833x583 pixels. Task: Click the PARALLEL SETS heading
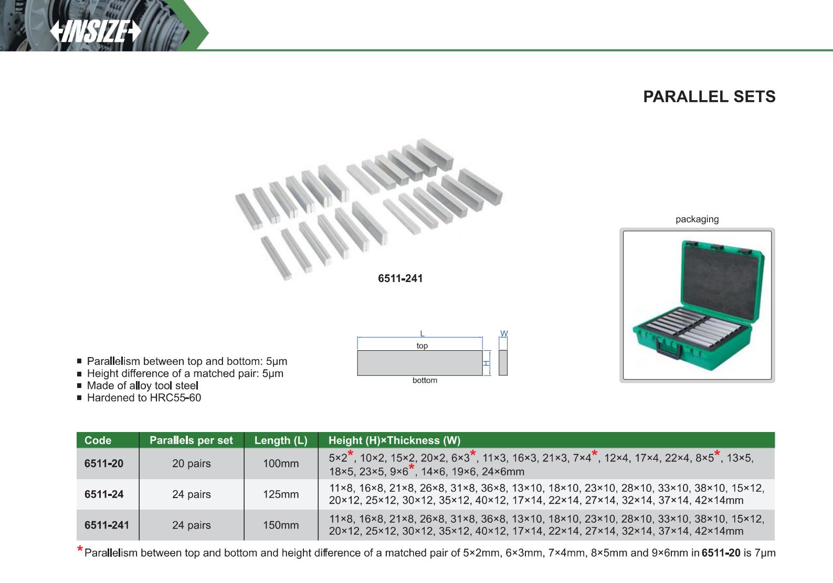pos(709,96)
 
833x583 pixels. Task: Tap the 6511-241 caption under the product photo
pos(400,278)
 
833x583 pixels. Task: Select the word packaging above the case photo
pos(697,219)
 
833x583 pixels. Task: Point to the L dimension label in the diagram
pos(422,333)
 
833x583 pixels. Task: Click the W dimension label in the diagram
pos(504,333)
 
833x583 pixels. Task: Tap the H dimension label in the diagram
pos(487,363)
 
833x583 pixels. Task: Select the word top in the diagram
pos(422,346)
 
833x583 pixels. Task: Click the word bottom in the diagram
pos(425,380)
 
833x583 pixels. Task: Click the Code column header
pos(98,440)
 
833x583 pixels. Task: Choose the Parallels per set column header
pos(191,440)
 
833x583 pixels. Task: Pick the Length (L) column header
pos(281,440)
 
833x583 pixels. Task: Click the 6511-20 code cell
pos(104,463)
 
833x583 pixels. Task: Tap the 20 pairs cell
pos(191,463)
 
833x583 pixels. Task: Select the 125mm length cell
pos(281,494)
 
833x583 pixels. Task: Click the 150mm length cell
pos(281,525)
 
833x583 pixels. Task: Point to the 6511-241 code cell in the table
pos(107,525)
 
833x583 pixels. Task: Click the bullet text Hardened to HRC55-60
pos(144,397)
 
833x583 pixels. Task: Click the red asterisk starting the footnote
pos(80,549)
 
